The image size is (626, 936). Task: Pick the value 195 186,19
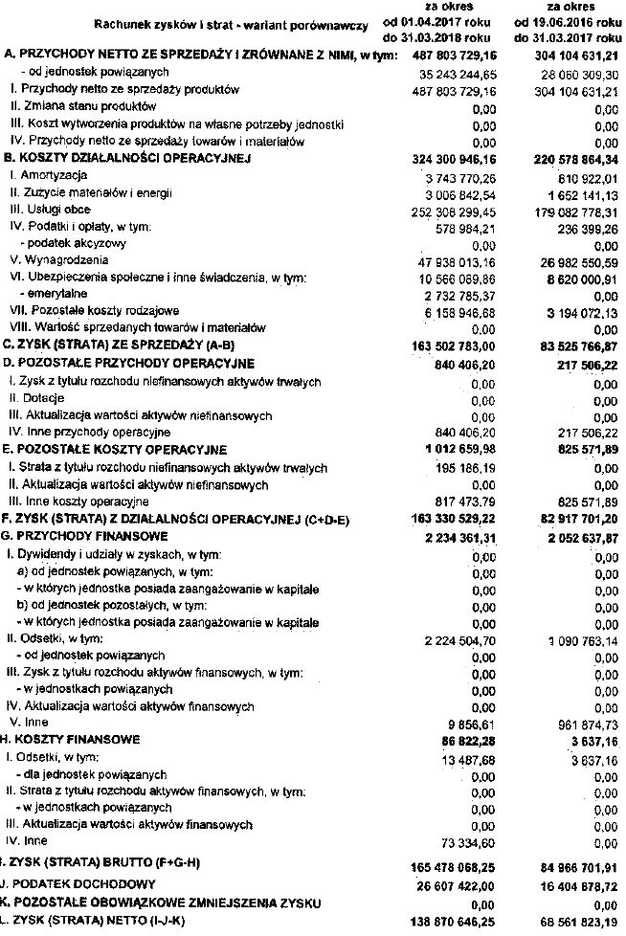pos(462,468)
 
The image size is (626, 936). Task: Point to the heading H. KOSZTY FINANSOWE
pos(73,740)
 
